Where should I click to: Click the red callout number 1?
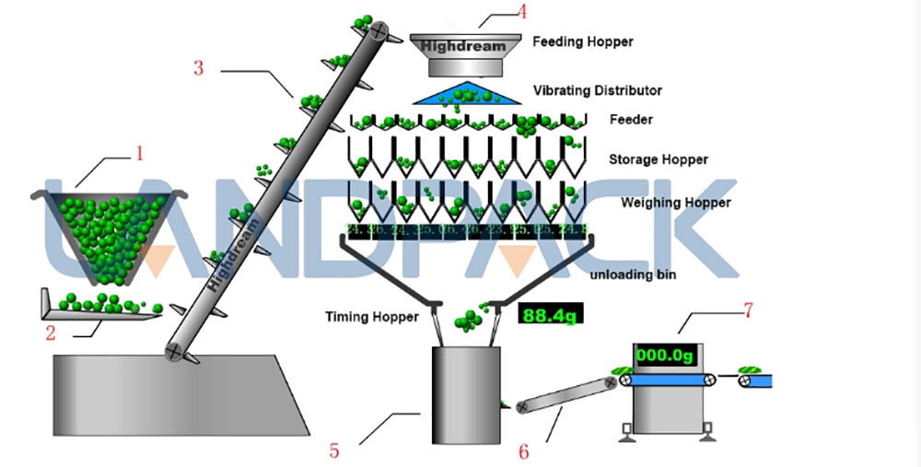(x=139, y=152)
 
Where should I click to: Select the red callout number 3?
(x=198, y=67)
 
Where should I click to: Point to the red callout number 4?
(x=522, y=12)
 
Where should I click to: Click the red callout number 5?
(x=334, y=450)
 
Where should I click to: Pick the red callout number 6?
(x=524, y=451)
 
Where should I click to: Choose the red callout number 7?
(x=748, y=309)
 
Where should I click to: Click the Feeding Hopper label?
(x=583, y=41)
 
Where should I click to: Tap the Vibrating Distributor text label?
(x=597, y=90)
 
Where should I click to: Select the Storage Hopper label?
(x=658, y=159)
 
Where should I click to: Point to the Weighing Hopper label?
(x=676, y=202)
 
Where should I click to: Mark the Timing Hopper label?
(x=371, y=317)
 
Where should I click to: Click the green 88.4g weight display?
(x=549, y=316)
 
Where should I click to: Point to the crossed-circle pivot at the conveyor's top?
(x=379, y=29)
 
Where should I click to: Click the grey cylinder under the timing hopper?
(x=464, y=391)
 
